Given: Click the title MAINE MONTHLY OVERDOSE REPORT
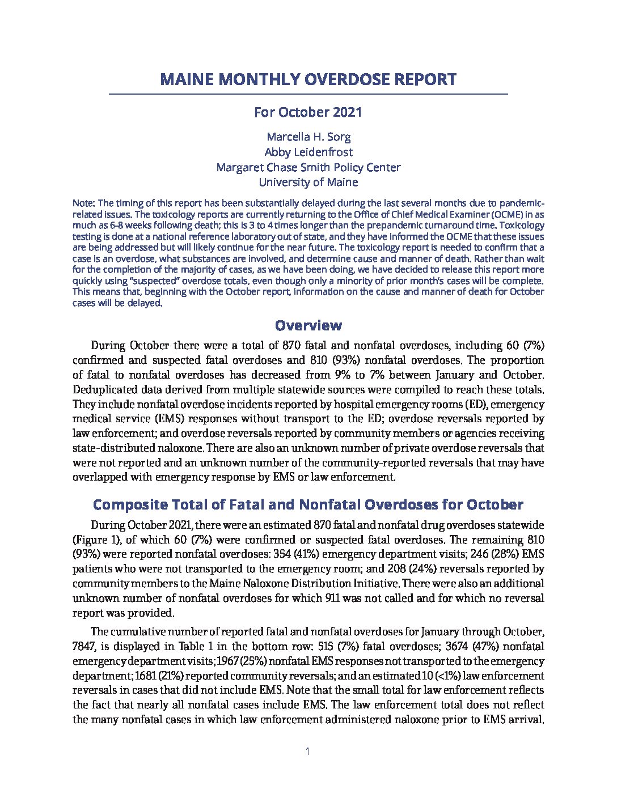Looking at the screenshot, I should tap(308, 79).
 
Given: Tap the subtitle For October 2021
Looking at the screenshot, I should tap(308, 112).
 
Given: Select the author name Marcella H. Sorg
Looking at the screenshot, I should tap(308, 137).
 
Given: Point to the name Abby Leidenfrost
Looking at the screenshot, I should tap(308, 152).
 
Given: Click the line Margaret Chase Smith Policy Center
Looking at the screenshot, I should tap(308, 167).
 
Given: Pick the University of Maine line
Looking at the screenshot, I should tap(308, 182).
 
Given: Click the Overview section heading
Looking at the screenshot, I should tap(308, 325).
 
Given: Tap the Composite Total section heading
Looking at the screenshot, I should tap(308, 504).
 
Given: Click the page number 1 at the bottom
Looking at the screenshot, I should tap(307, 752).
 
